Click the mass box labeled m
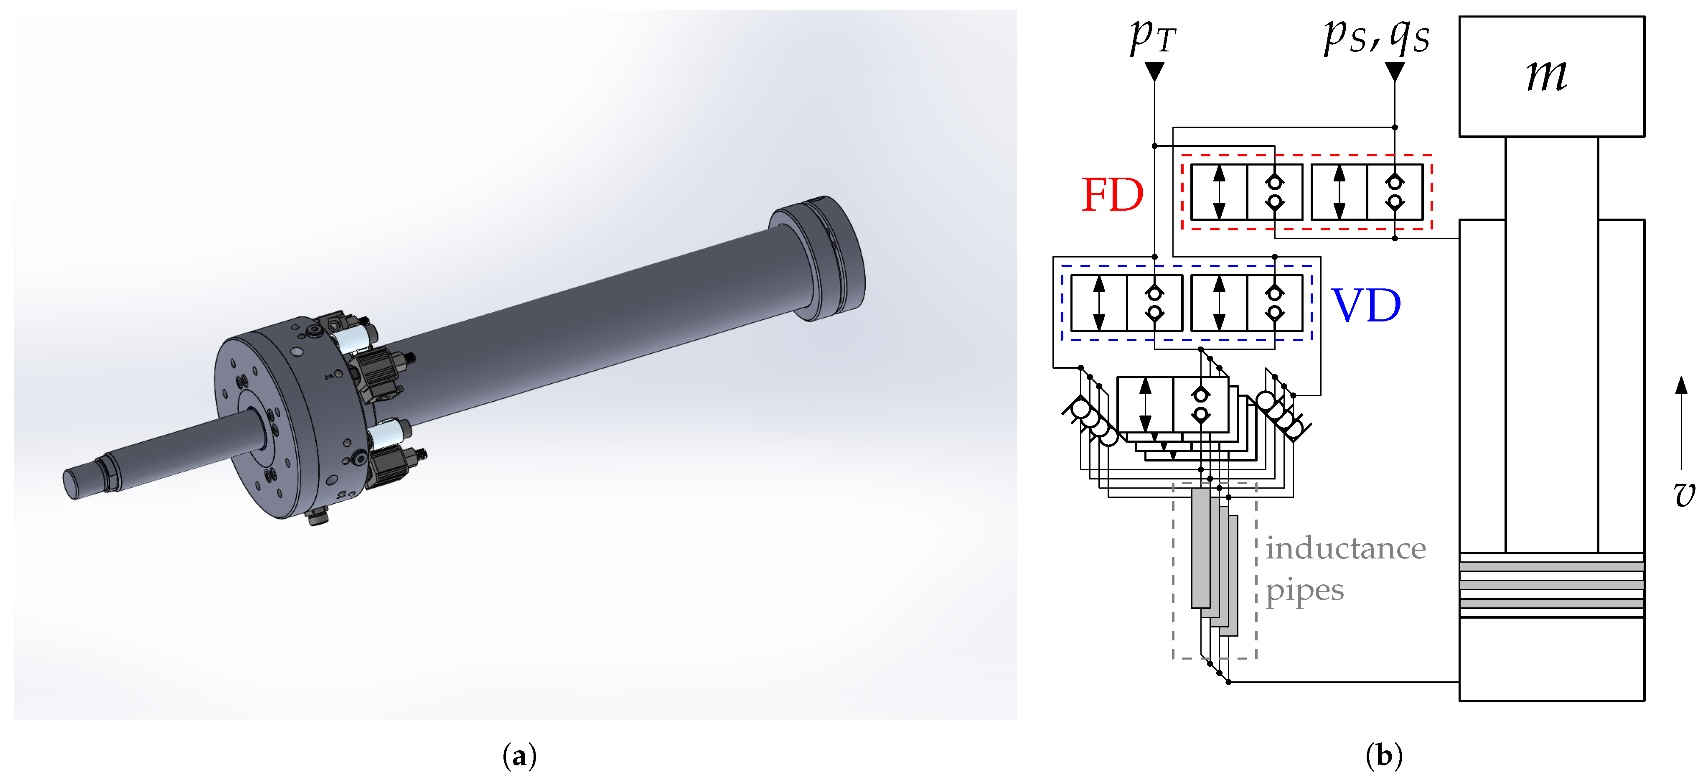click(1551, 76)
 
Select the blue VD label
click(1366, 306)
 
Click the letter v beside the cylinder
click(1684, 494)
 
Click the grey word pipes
click(1304, 590)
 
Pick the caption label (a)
click(519, 756)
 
